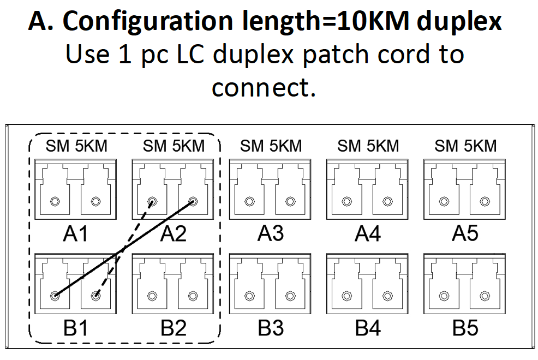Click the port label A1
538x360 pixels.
(x=75, y=233)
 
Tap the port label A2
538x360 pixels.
(x=173, y=233)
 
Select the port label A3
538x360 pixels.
(x=270, y=233)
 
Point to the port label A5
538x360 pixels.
(x=465, y=233)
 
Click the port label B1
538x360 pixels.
(x=75, y=328)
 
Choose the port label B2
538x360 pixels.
(x=173, y=328)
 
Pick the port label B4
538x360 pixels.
(x=368, y=328)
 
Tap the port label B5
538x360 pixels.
(x=465, y=328)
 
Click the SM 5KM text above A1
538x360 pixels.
(x=76, y=146)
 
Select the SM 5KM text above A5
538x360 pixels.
(x=465, y=146)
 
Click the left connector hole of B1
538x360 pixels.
(x=55, y=296)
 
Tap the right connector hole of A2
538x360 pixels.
(x=193, y=201)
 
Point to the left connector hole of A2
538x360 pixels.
(x=152, y=201)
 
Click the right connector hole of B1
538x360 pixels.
(x=96, y=296)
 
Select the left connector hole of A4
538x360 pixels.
(x=346, y=201)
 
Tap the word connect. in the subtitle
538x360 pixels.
(x=264, y=87)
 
